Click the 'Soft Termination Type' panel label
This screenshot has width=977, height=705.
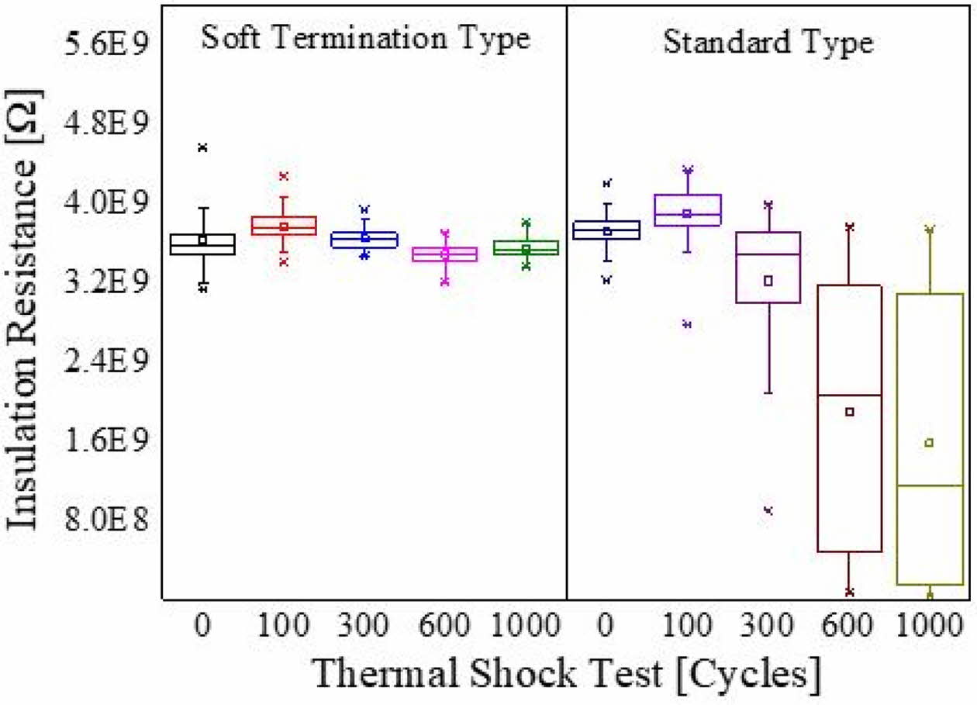tap(365, 38)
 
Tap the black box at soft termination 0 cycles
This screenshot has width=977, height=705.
tap(203, 244)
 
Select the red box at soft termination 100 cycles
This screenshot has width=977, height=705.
tap(284, 226)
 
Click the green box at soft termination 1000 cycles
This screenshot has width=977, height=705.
tap(526, 247)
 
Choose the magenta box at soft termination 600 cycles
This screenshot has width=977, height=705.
tap(445, 254)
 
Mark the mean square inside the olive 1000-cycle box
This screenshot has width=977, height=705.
tap(929, 443)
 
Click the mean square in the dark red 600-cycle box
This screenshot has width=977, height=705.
tap(849, 412)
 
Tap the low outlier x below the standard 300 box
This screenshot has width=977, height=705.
tap(768, 510)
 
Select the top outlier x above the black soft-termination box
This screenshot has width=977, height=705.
tap(203, 147)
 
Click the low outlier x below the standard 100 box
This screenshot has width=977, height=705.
tap(687, 324)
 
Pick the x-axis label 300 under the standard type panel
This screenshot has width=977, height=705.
tap(768, 625)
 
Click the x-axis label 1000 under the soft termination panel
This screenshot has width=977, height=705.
tap(526, 625)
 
